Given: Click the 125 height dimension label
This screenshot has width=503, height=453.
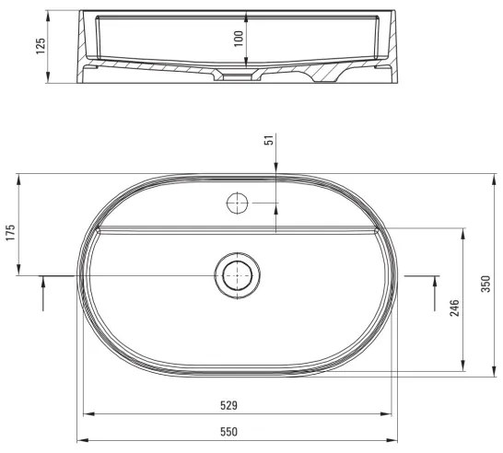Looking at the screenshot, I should [40, 46].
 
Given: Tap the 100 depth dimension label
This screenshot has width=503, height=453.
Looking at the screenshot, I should [239, 39].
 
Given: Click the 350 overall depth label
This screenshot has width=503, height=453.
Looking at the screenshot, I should [485, 285].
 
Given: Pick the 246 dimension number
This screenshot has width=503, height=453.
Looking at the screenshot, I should [453, 308].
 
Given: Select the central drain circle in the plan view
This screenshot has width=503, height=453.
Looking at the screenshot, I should [238, 274].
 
